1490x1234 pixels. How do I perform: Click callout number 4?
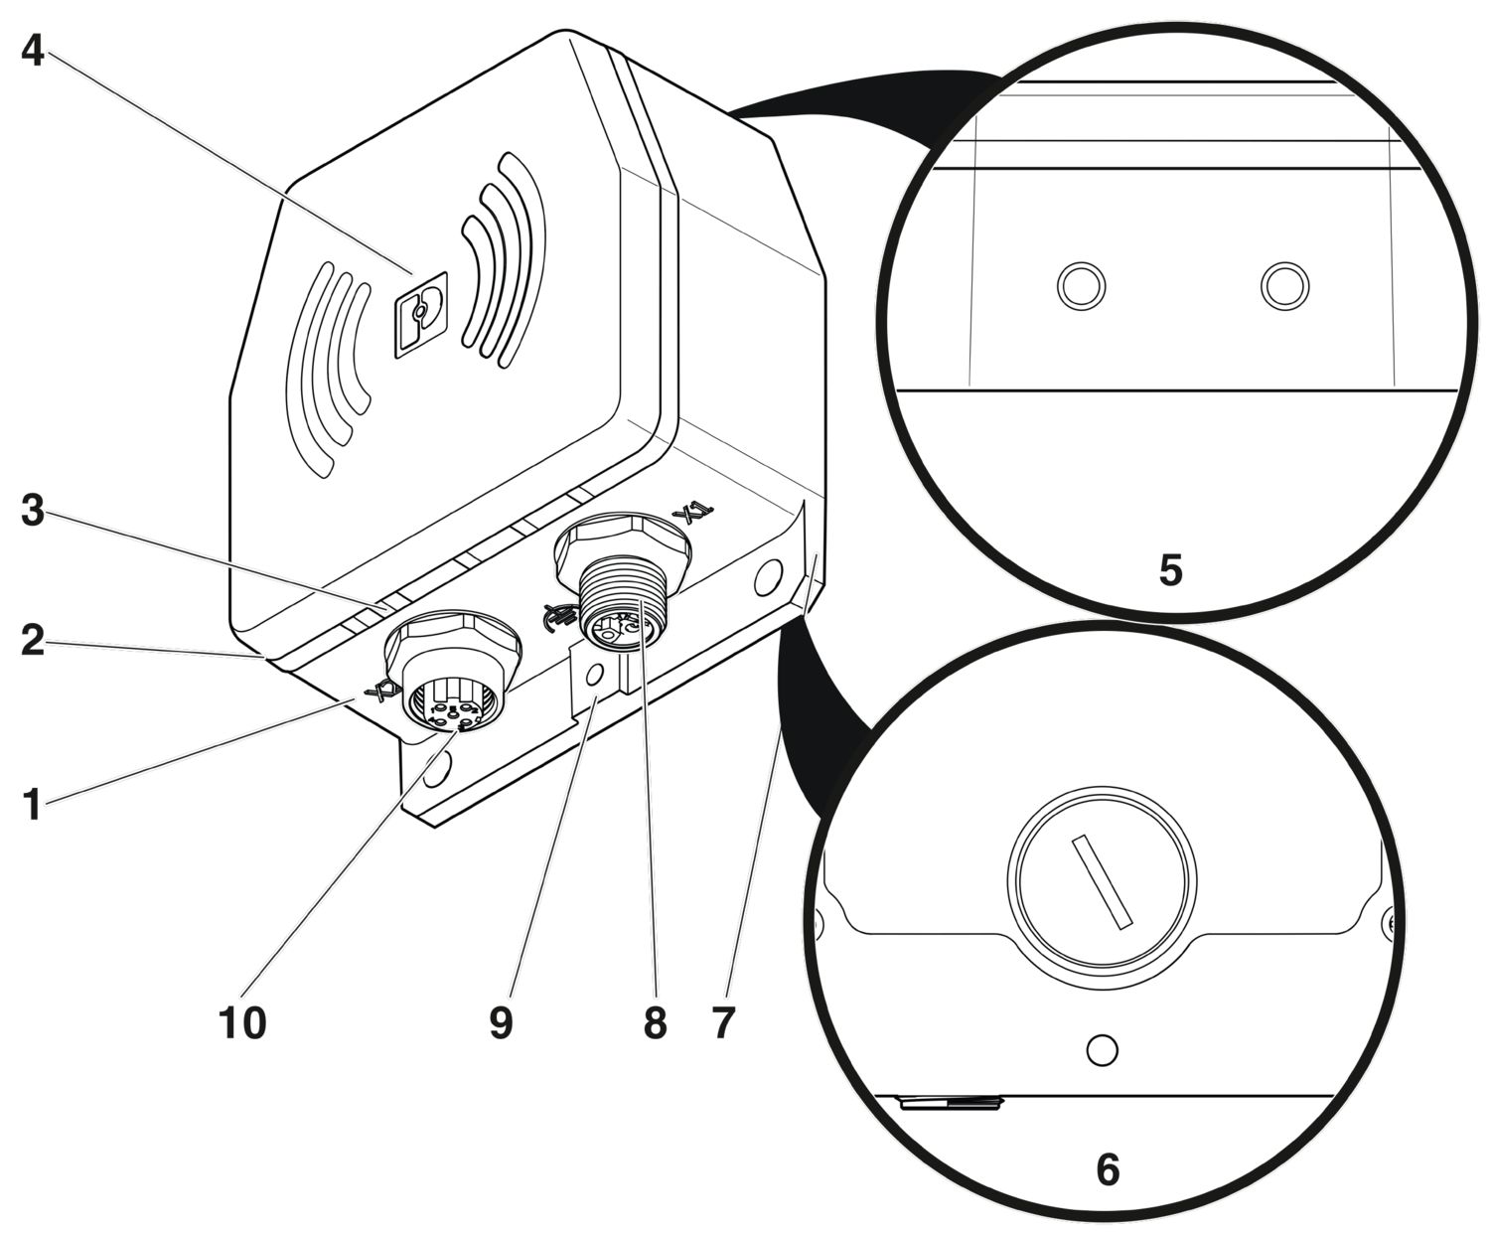coord(33,50)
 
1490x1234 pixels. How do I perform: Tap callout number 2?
coord(33,641)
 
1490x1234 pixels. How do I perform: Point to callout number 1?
coord(33,804)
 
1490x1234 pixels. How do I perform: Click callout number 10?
coord(242,1022)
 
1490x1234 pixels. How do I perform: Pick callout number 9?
coord(502,1022)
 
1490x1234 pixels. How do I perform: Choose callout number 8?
coord(655,1022)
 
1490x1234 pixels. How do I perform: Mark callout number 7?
coord(723,1022)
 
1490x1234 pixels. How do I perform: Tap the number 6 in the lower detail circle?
coord(1108,1169)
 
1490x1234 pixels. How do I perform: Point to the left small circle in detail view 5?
coord(1080,287)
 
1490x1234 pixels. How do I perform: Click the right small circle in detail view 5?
coord(1284,287)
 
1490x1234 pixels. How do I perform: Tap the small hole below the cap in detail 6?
coord(1103,1049)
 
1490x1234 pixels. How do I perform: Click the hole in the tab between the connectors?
coord(594,674)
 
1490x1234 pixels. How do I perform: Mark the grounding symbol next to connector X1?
coord(557,617)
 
